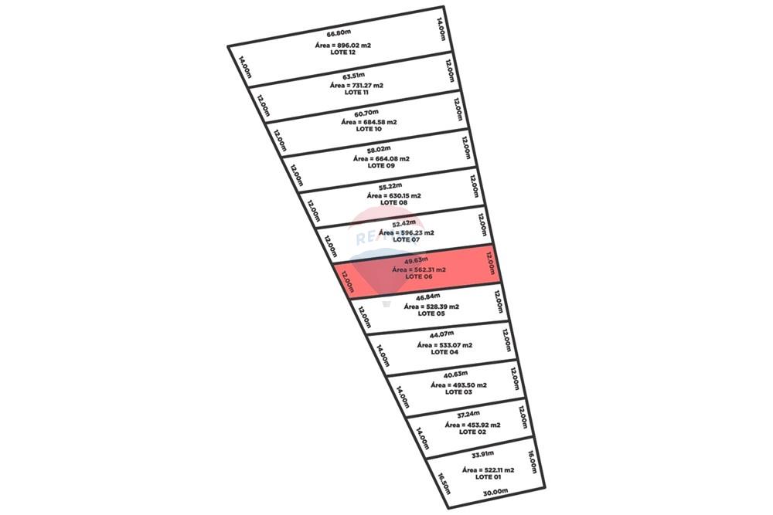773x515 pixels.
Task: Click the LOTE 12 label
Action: point(342,53)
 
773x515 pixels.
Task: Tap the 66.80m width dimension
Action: point(339,34)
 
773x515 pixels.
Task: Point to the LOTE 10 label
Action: point(366,129)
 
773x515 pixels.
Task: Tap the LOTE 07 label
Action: point(406,239)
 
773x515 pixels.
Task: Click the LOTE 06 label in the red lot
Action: point(418,276)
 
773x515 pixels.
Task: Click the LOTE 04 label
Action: point(444,352)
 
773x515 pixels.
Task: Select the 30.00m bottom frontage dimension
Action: point(495,492)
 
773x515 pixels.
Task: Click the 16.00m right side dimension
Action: point(532,462)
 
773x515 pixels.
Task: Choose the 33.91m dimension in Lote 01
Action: point(482,454)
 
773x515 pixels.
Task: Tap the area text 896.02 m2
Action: point(343,46)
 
